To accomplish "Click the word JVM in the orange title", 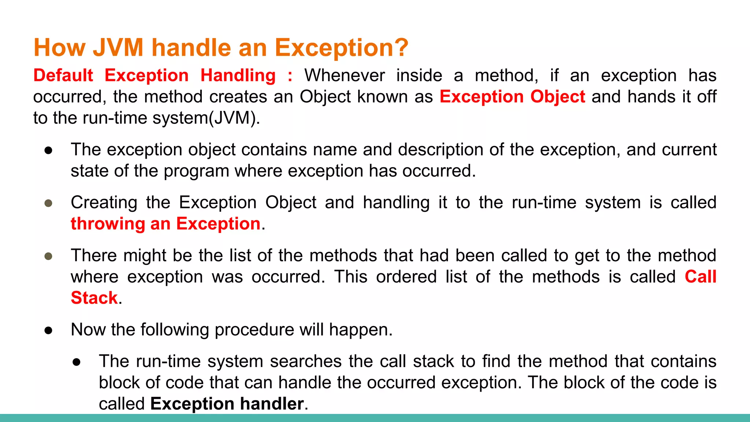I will (x=118, y=48).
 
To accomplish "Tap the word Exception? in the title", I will (x=341, y=48).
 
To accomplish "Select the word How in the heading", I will (x=59, y=48).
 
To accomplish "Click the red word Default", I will (x=63, y=75).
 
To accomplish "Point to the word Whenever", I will (x=345, y=75).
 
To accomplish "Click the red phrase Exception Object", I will (x=512, y=97).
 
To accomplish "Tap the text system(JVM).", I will (x=206, y=118).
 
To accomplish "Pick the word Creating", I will (x=104, y=203).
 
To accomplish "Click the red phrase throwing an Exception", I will (x=166, y=224).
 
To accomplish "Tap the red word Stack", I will (x=94, y=298).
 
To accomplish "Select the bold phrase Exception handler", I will (x=227, y=404).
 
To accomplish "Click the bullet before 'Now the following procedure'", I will (x=48, y=330).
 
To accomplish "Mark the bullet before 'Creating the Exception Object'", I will (x=48, y=203).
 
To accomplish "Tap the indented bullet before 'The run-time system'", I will (x=77, y=362).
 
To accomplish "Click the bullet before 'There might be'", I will (x=48, y=256).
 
